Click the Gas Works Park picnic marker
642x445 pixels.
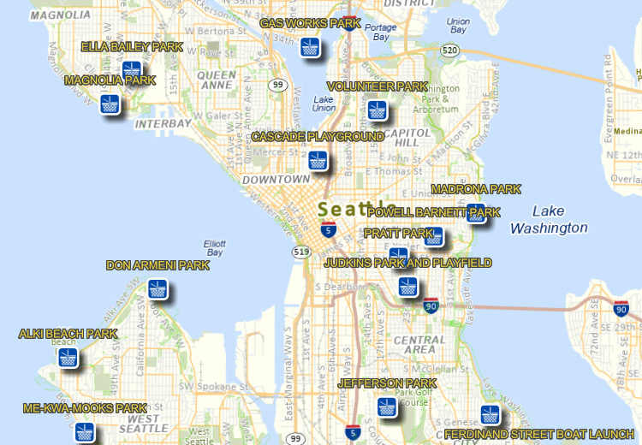point(311,47)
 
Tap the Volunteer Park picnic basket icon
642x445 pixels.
point(377,110)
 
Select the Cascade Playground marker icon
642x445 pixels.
point(318,160)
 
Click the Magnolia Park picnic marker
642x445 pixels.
point(110,104)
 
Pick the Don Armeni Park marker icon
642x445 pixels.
point(158,289)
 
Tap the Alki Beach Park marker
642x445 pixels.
point(68,358)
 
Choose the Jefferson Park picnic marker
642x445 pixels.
point(388,408)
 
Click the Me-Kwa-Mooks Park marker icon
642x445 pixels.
point(84,432)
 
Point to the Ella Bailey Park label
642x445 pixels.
point(132,46)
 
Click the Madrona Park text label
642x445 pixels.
point(476,189)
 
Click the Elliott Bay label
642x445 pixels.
point(214,247)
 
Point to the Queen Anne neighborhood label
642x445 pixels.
point(216,80)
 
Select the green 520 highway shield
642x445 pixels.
point(450,51)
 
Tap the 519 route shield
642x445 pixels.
point(300,252)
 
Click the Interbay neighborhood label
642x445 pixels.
point(163,123)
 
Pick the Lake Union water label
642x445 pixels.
point(324,104)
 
